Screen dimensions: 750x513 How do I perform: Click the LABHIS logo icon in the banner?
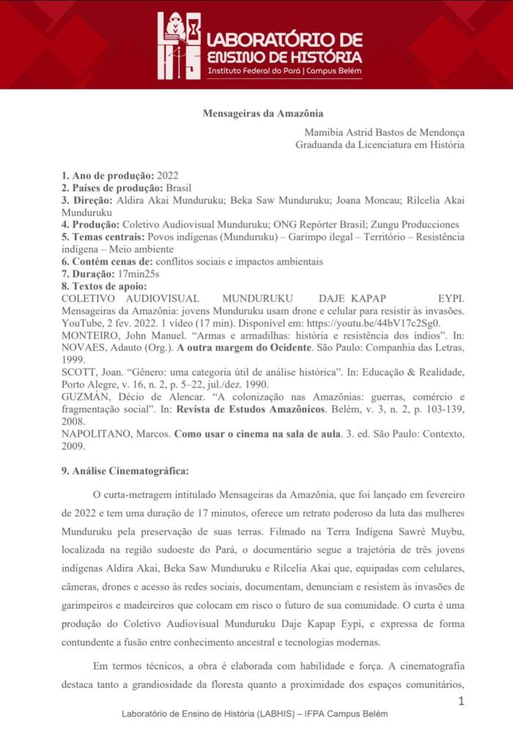point(179,45)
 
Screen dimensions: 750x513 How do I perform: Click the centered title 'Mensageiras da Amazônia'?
point(262,114)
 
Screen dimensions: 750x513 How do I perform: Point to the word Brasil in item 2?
point(178,188)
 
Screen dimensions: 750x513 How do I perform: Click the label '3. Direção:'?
point(86,200)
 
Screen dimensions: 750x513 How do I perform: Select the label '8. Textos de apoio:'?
point(104,286)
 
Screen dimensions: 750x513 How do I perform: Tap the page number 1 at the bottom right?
point(461,701)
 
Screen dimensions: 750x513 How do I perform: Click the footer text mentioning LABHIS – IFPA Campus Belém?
point(254,713)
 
